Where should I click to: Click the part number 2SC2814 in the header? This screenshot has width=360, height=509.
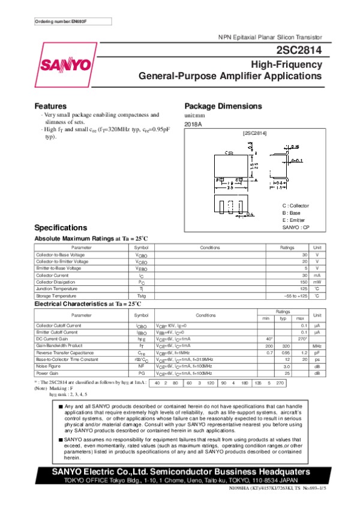pos(300,51)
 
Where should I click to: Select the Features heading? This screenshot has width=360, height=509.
pos(50,106)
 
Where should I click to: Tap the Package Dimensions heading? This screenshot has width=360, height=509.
pos(223,106)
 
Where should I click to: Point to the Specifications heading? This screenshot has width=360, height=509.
pos(61,228)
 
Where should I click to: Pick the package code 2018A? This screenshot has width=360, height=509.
pos(193,124)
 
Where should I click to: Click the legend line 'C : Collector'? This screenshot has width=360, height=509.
pos(295,206)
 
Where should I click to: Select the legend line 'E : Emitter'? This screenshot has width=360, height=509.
pos(293,220)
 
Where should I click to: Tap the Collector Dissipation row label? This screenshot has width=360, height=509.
pos(55,281)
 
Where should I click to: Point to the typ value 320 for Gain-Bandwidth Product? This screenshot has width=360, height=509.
pos(287,346)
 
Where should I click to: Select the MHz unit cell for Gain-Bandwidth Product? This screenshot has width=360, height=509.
pos(317,346)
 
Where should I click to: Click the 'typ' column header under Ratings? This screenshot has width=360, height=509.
pos(283,318)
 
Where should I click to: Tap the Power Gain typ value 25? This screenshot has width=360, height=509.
pos(288,372)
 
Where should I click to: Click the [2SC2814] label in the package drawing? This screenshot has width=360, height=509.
pos(254,132)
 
